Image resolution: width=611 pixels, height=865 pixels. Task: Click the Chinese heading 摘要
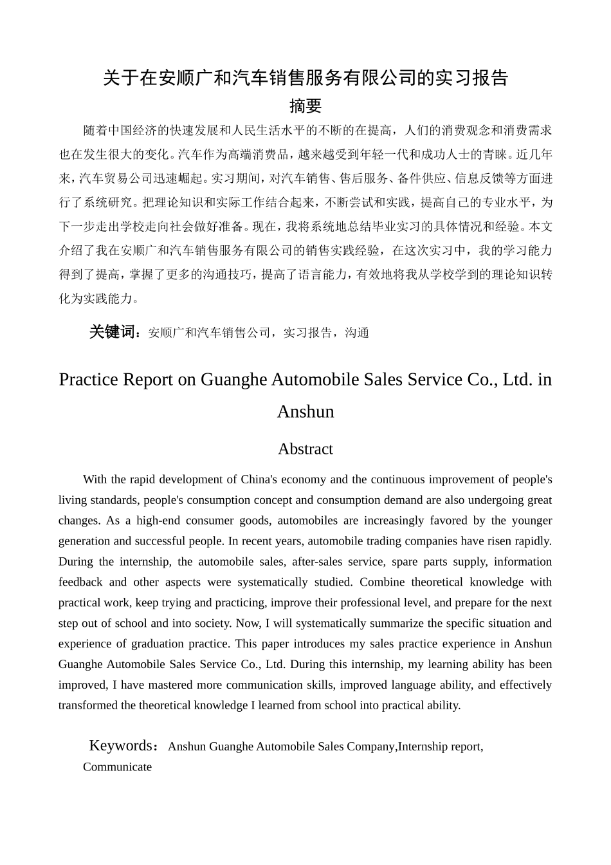click(305, 106)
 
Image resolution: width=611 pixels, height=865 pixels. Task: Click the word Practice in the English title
click(89, 380)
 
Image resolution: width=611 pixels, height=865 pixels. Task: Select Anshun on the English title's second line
click(305, 412)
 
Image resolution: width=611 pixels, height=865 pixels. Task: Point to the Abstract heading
click(305, 449)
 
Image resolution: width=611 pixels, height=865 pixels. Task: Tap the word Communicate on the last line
click(117, 767)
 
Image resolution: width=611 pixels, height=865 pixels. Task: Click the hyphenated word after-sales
click(317, 562)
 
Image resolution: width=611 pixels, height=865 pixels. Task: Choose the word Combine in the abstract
click(381, 582)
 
